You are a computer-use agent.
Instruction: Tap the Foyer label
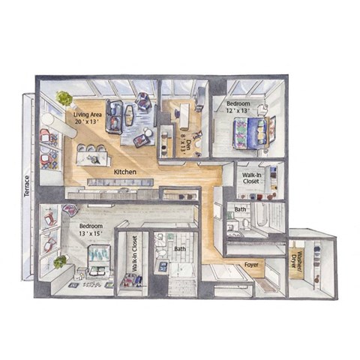[x=253, y=265]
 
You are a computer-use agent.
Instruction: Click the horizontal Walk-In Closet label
[x=250, y=177]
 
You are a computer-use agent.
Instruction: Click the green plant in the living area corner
[x=64, y=98]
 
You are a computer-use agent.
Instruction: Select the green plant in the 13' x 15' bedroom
[x=60, y=262]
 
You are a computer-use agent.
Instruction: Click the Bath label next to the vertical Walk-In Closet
[x=180, y=248]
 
